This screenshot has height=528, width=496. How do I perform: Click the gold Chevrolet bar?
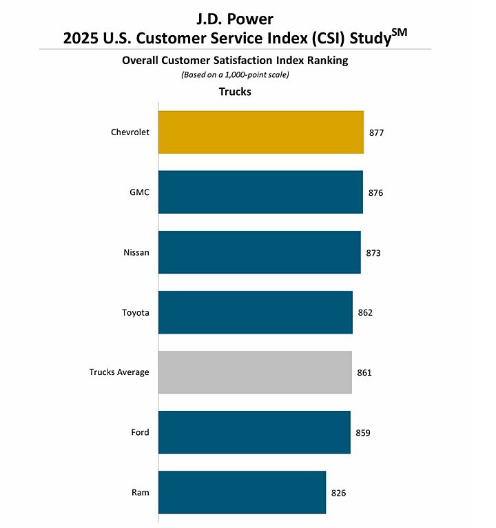click(260, 132)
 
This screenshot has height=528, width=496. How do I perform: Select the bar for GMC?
click(260, 192)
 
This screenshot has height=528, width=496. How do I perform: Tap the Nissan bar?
click(259, 252)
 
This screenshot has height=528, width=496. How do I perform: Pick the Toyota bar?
click(255, 312)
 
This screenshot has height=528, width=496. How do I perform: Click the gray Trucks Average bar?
click(255, 372)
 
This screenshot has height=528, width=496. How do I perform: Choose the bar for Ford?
click(254, 432)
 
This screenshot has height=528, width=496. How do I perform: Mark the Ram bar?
click(242, 492)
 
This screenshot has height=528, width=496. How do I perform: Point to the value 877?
click(375, 132)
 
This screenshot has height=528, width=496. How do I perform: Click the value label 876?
click(375, 192)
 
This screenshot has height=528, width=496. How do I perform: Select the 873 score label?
click(373, 252)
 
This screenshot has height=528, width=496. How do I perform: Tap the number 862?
click(365, 312)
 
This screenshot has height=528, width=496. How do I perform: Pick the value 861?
click(364, 372)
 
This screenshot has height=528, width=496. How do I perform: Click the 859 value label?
click(363, 433)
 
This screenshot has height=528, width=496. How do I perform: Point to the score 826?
click(338, 493)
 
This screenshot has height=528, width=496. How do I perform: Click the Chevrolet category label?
click(130, 132)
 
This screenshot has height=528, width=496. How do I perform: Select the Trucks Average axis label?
click(118, 372)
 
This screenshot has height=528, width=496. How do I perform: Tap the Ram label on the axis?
click(141, 492)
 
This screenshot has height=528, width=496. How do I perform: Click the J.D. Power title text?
click(234, 19)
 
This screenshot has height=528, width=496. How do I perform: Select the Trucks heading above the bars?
click(235, 91)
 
